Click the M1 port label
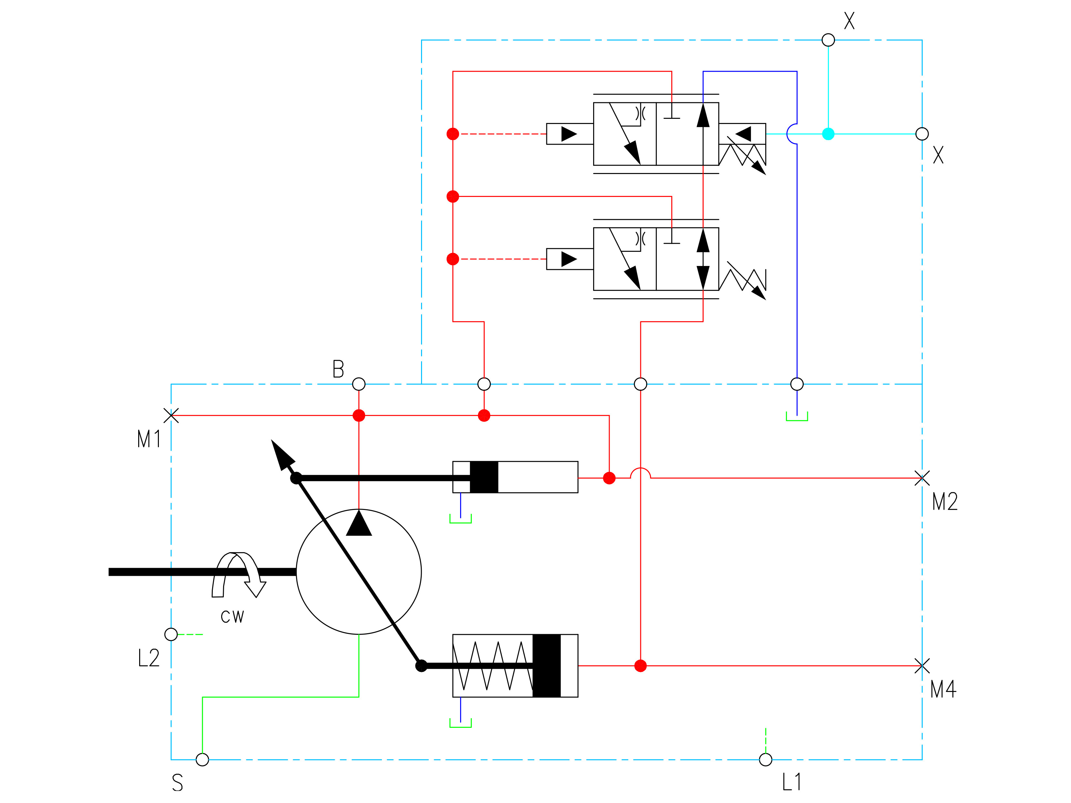[149, 439]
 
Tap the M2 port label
[945, 502]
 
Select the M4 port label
[943, 689]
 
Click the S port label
[178, 783]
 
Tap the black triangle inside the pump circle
[359, 524]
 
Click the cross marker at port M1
[171, 415]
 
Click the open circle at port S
[202, 759]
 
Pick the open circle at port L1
[766, 759]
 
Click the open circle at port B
[359, 384]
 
